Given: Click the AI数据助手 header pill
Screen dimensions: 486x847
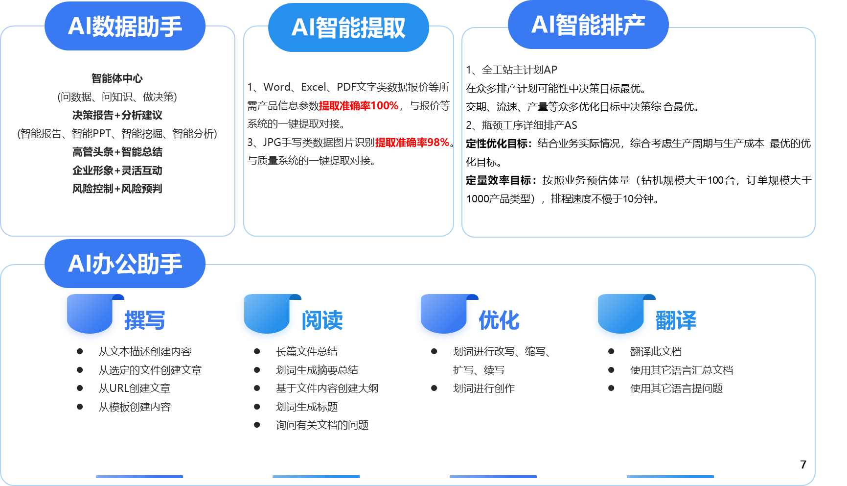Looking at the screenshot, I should coord(125,26).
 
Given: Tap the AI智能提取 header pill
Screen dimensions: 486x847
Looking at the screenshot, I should coord(348,27).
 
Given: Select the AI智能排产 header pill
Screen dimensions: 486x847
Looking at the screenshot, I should coord(588,24).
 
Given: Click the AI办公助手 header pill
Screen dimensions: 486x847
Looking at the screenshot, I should coord(125,264).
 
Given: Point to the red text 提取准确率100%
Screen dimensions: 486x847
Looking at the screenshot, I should coord(359,106).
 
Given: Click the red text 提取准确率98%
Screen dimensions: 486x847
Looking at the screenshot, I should coord(412,143).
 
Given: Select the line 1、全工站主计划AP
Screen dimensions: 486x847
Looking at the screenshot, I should coord(512,70).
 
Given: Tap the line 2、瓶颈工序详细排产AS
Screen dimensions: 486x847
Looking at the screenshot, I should coord(522,125).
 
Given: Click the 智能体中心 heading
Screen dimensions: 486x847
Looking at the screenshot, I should coord(117,78).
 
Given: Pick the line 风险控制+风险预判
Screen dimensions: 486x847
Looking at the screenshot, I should coord(117,189).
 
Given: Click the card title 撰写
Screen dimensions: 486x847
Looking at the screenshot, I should coord(145,320).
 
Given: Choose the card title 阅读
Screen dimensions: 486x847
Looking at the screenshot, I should coord(322,320).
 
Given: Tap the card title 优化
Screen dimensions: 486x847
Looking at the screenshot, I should coord(499,320).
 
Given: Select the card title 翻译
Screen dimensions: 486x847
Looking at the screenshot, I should coord(676,320).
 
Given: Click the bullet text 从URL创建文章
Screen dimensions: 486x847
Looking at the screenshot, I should coord(135,389).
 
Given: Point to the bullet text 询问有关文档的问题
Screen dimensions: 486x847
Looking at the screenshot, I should coord(322,425).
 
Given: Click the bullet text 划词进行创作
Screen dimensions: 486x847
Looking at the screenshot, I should coord(483,389).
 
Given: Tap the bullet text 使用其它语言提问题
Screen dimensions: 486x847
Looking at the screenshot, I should coord(676,389).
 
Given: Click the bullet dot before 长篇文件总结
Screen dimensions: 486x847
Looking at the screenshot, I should coord(257,351).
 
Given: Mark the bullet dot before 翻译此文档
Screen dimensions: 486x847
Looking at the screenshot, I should coord(611,351).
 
